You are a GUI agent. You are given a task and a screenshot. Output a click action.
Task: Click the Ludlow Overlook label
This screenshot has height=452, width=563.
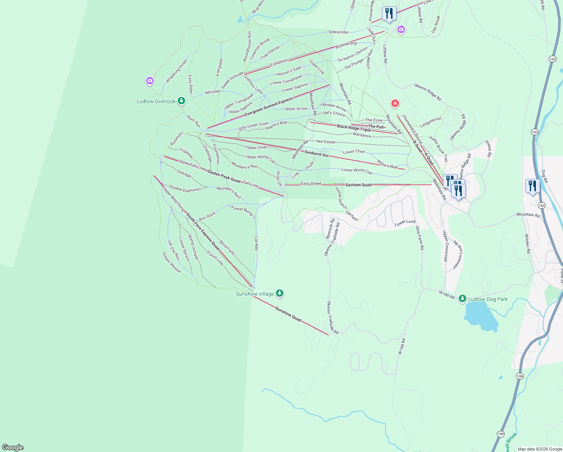[156, 101]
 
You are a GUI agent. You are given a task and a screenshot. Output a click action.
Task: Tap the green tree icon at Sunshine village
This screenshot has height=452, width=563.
[279, 293]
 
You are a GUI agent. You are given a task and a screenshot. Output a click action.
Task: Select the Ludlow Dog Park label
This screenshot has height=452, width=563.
[488, 299]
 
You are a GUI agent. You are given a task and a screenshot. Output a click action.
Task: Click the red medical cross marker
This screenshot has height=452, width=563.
[395, 103]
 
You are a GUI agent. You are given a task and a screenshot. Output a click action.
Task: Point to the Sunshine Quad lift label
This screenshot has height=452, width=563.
[288, 314]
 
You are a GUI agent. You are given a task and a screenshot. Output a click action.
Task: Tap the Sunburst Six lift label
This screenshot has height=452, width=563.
[316, 154]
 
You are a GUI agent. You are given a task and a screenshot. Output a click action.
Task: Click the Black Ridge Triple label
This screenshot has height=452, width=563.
[354, 128]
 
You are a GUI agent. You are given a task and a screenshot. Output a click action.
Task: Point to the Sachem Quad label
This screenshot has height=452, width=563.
[358, 185]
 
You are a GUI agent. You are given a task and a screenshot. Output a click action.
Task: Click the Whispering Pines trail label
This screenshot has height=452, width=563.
[177, 71]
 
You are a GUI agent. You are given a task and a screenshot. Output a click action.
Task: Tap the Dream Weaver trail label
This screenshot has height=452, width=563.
[172, 263]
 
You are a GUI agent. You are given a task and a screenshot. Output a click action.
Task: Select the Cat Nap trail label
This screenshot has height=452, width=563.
[256, 243]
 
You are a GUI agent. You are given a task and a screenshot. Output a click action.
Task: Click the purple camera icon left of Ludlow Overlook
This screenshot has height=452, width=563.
[150, 81]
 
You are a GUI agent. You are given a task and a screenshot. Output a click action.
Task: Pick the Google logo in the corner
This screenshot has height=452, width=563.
[13, 447]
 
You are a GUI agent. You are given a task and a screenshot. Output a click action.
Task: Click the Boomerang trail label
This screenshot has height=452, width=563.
[346, 44]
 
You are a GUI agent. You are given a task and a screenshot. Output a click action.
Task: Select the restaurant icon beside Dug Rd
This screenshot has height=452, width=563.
[533, 186]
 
